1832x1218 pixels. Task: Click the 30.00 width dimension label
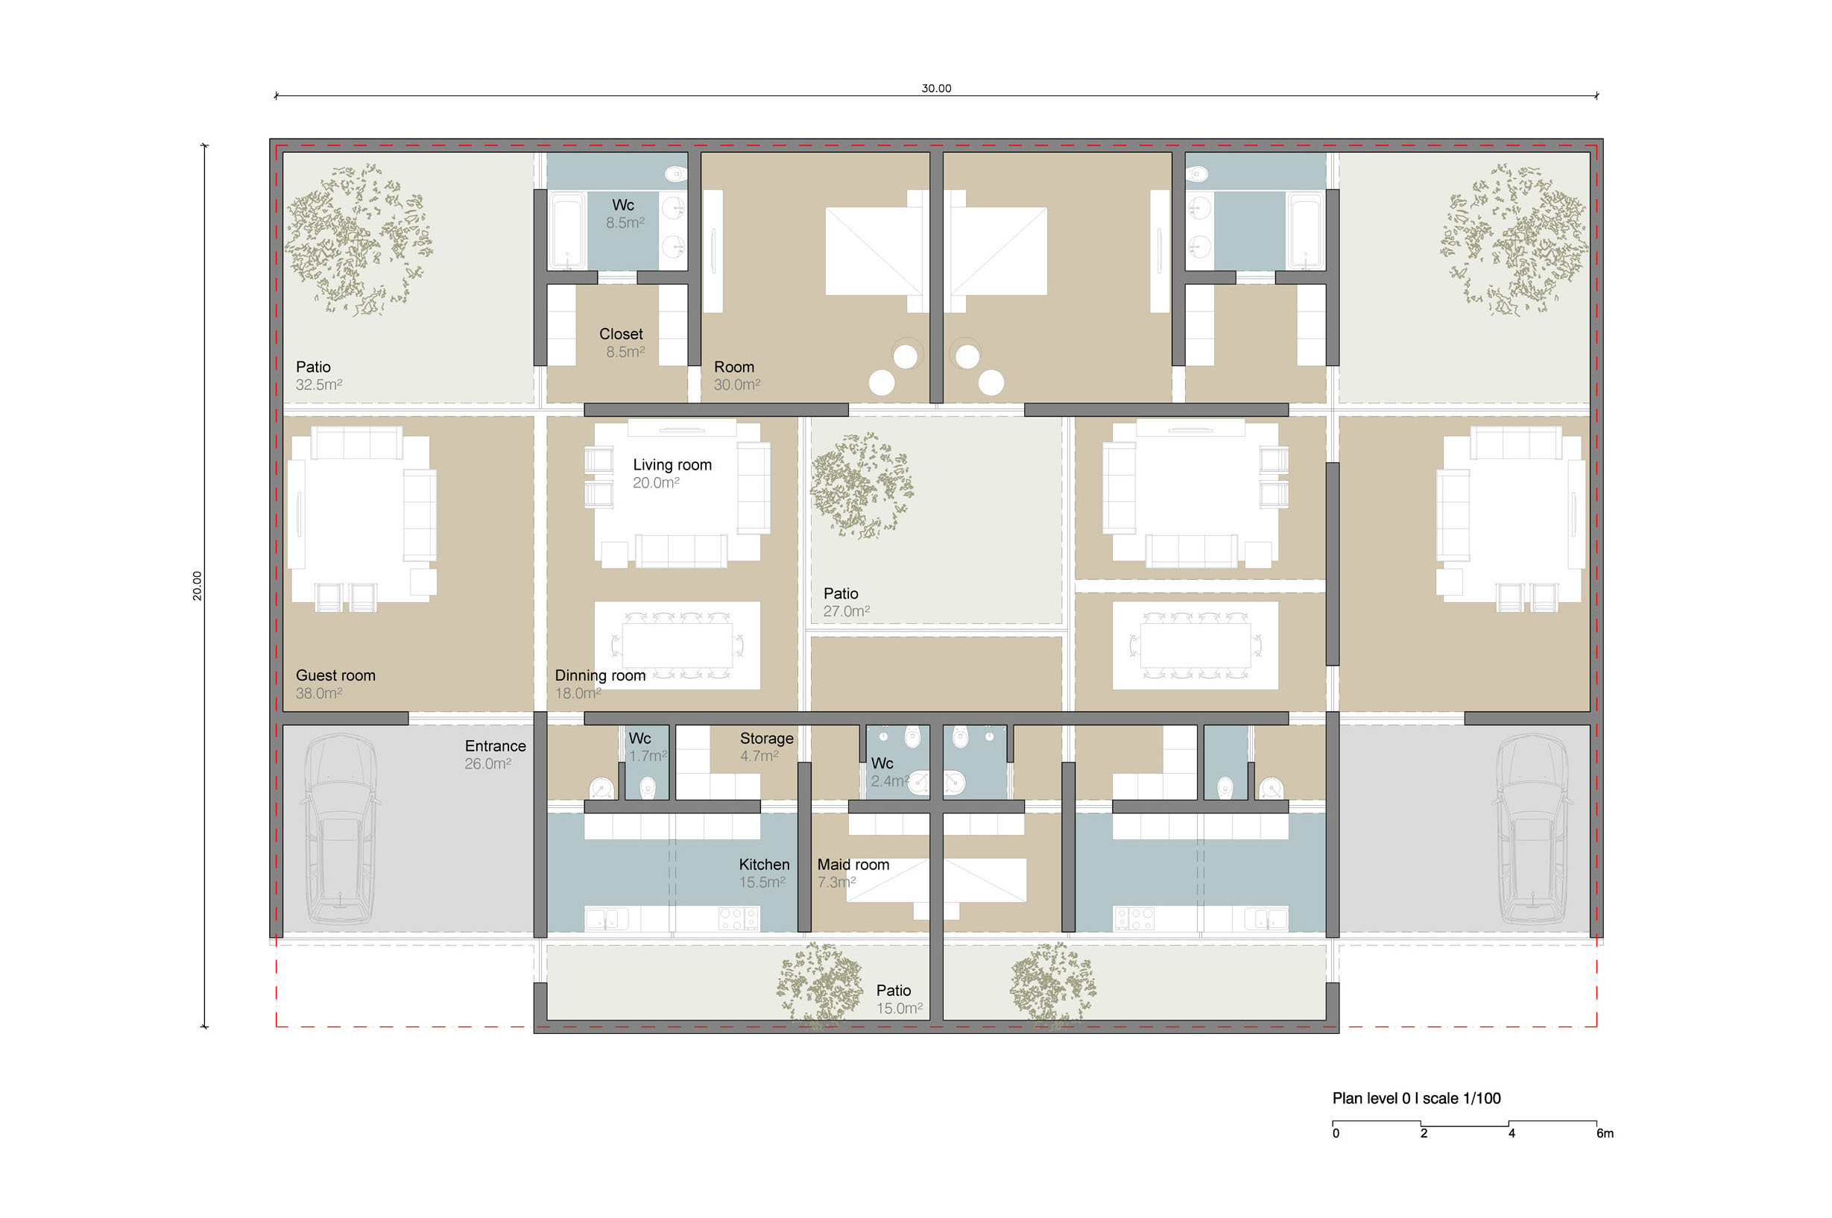click(x=936, y=89)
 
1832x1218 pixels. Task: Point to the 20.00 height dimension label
click(x=198, y=586)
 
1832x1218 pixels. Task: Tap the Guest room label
click(x=335, y=676)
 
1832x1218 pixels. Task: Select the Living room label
click(x=672, y=464)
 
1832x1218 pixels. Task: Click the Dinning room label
click(x=600, y=676)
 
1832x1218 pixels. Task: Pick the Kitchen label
click(x=764, y=865)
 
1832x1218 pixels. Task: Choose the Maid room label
click(x=853, y=865)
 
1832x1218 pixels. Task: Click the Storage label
click(x=766, y=739)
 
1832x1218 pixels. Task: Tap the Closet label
click(x=621, y=334)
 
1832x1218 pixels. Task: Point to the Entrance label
click(x=496, y=745)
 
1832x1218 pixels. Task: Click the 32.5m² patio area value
click(x=318, y=385)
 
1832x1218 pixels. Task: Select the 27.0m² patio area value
click(x=847, y=611)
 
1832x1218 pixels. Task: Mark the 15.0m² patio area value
click(x=900, y=1009)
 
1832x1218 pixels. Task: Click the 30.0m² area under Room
click(x=737, y=385)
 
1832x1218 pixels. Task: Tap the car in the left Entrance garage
click(x=340, y=830)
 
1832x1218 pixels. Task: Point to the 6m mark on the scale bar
click(x=1605, y=1133)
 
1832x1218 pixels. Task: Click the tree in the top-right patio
click(x=1514, y=239)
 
